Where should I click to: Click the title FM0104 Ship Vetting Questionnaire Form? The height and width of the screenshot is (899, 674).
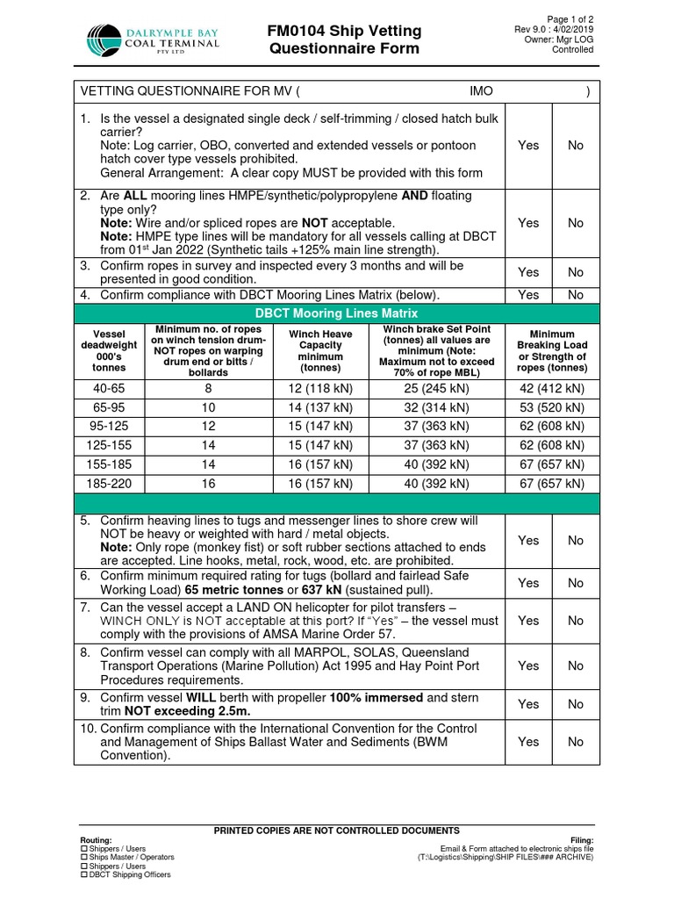point(344,40)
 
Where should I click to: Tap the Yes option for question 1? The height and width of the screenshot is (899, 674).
point(528,145)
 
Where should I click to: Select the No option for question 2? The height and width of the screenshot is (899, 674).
point(575,223)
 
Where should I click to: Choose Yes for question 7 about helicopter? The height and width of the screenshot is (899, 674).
point(528,621)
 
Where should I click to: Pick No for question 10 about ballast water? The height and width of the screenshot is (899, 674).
point(575,742)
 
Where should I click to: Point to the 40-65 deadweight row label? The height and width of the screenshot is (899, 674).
point(109,387)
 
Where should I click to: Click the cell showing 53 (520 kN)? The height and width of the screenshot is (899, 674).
point(551,407)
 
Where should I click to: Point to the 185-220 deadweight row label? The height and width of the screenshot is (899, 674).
point(109,484)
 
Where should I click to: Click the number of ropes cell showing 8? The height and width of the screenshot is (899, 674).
point(208,387)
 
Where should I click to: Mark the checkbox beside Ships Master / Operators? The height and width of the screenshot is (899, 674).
point(84,857)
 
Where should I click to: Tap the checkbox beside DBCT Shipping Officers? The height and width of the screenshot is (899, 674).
point(84,874)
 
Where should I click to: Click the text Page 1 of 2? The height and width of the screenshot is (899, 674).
point(570,19)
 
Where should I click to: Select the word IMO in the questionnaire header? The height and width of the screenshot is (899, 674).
point(482,90)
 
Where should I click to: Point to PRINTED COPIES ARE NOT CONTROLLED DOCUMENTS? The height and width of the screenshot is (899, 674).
point(337,831)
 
